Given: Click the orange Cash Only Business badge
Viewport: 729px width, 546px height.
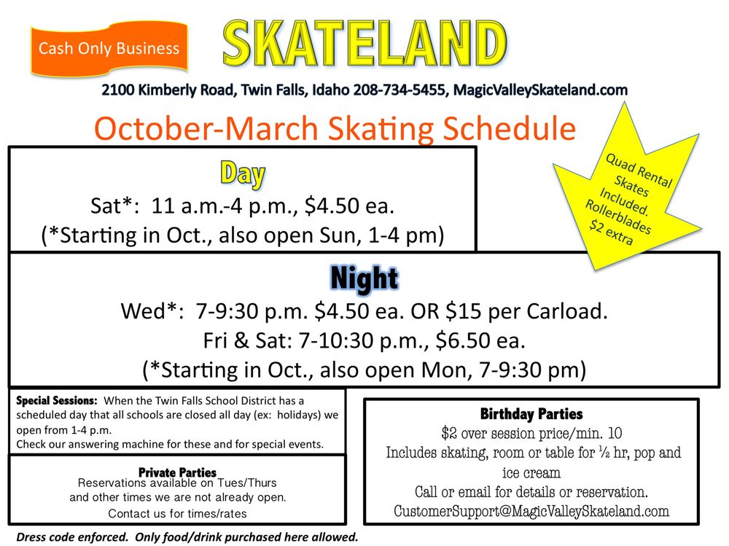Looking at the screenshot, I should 109,49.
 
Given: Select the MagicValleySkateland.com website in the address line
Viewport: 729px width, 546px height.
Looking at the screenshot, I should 540,90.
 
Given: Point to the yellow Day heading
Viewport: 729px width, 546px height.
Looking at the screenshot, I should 242,173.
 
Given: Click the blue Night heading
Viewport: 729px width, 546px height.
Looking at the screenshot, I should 364,278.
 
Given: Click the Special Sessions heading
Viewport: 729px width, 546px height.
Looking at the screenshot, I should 56,400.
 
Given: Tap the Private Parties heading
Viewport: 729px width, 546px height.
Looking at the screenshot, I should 177,472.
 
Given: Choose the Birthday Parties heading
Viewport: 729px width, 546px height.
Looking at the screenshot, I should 531,414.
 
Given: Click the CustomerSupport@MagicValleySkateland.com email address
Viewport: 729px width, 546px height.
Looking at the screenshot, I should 531,511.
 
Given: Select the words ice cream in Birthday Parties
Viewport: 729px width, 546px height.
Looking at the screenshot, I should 531,472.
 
